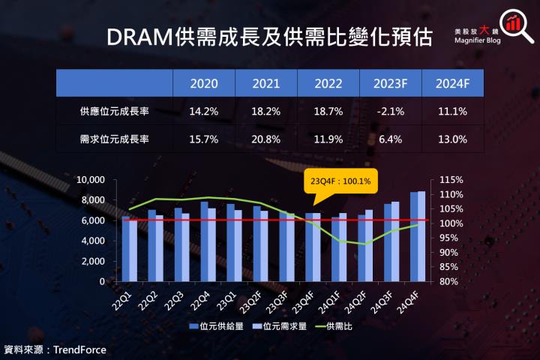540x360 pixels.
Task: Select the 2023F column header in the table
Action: [390, 82]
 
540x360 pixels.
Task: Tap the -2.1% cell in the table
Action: [390, 111]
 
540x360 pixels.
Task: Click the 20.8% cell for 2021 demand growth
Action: [266, 139]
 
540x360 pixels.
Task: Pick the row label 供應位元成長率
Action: [113, 111]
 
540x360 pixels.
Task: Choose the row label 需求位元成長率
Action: [113, 139]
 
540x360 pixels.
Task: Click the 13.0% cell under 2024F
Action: [452, 139]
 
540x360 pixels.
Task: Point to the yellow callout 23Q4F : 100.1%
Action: [341, 181]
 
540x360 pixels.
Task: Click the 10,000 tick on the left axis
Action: [92, 180]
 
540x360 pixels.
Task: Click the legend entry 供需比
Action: [331, 328]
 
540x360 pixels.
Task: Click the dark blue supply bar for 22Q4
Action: [204, 241]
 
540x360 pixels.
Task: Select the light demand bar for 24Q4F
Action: [421, 236]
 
